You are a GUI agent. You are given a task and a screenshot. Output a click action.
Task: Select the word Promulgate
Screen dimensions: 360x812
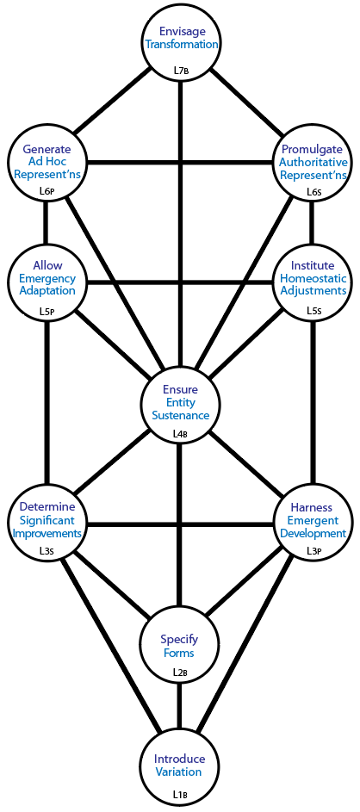tap(311, 150)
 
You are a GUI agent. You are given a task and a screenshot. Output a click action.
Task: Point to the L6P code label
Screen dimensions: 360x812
tap(47, 191)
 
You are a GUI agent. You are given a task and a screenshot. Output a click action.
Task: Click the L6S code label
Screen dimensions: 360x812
tap(313, 191)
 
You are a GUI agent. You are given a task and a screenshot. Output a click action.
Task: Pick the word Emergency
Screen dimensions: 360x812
tap(47, 278)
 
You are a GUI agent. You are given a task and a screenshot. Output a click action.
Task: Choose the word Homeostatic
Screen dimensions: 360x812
tap(311, 278)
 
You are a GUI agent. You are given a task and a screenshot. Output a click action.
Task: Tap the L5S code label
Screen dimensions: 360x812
tap(313, 313)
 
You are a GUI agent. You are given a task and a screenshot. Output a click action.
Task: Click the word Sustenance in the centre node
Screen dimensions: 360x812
tap(180, 415)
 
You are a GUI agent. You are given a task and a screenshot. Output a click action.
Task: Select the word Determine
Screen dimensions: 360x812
tap(47, 507)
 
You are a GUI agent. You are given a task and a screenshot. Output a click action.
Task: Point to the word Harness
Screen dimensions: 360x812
tap(311, 507)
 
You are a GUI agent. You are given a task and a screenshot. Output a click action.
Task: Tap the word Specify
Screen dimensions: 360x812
tap(178, 641)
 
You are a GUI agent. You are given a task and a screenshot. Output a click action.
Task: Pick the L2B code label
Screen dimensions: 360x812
tap(179, 673)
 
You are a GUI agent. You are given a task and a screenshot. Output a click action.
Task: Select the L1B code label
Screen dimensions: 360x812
tap(179, 793)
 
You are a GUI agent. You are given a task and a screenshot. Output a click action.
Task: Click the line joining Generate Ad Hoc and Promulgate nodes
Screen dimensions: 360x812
tap(180, 164)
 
